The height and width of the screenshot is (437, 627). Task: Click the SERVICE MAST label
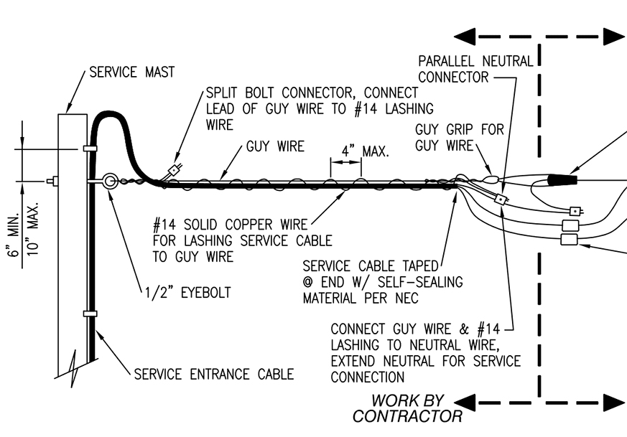(x=131, y=72)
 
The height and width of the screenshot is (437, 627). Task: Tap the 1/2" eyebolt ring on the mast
(x=110, y=181)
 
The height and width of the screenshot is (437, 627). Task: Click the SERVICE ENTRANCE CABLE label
(x=214, y=375)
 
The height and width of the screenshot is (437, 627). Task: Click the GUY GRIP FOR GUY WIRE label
(x=460, y=138)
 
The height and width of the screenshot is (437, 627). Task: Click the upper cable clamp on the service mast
(x=90, y=149)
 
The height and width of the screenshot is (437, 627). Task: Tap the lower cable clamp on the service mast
(x=90, y=314)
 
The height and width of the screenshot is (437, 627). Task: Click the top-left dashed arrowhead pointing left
(x=466, y=37)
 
